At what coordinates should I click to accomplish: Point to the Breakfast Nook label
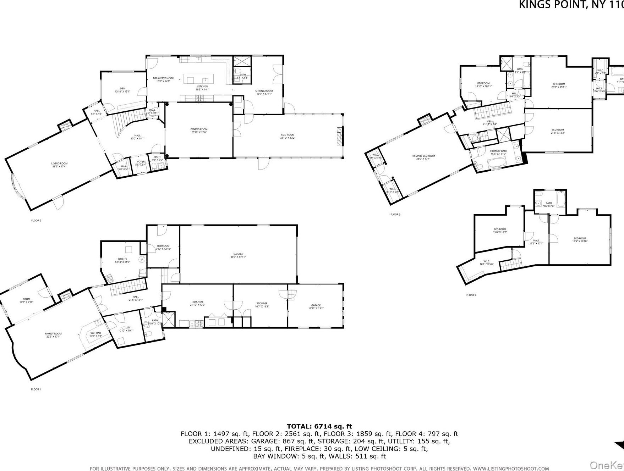[x=163, y=79]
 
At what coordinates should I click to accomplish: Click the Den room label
[x=122, y=90]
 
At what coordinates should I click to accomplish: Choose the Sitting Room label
[x=264, y=92]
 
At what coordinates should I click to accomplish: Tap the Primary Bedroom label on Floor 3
[x=423, y=157]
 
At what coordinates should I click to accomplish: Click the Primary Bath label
[x=499, y=153]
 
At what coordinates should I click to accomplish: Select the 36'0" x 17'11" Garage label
[x=238, y=255]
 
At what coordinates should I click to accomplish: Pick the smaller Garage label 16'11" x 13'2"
[x=316, y=307]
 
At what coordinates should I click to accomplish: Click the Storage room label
[x=262, y=305]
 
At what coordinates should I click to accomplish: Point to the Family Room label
[x=53, y=335]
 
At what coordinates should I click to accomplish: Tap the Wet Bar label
[x=95, y=334]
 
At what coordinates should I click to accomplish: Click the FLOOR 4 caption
[x=471, y=295]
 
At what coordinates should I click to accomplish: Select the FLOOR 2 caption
[x=36, y=221]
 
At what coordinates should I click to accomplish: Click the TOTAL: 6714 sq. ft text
[x=319, y=426]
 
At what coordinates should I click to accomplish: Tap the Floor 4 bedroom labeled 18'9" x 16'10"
[x=580, y=240]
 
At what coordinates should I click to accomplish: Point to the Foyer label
[x=141, y=163]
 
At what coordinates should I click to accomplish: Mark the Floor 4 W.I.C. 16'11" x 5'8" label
[x=486, y=263]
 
